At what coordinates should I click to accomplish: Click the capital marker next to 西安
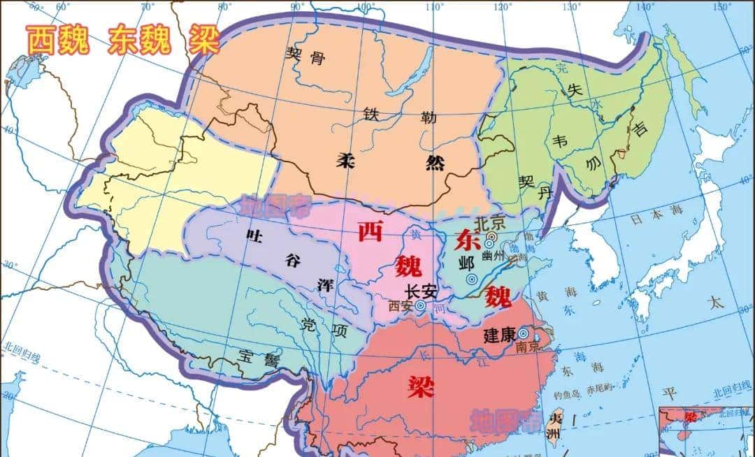[x=419, y=305]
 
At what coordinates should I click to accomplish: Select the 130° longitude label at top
[x=574, y=6]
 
